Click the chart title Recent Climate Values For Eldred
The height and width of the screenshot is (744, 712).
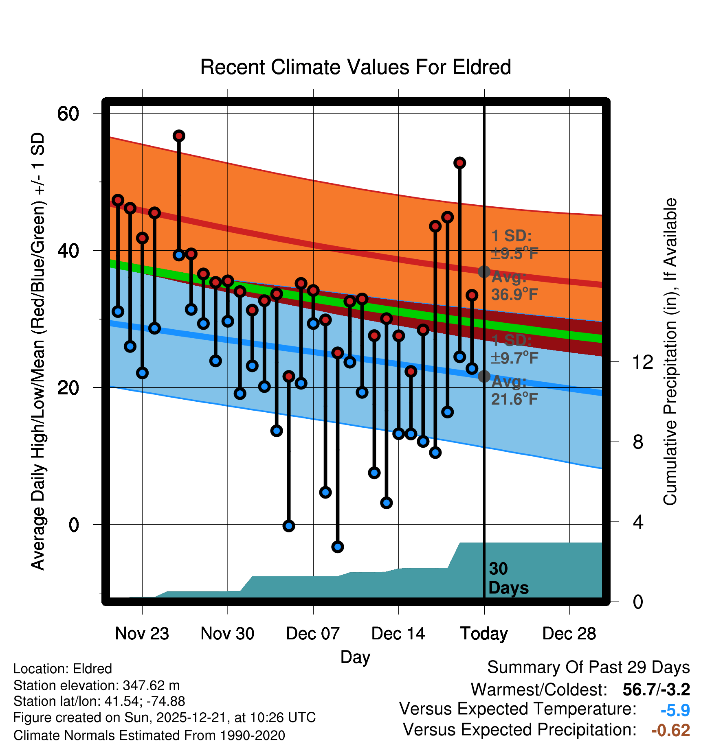pyautogui.click(x=356, y=67)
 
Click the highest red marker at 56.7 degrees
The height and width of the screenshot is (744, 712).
pyautogui.click(x=179, y=136)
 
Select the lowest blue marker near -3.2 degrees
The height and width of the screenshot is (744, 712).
pyautogui.click(x=338, y=547)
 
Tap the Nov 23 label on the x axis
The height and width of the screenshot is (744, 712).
pyautogui.click(x=142, y=634)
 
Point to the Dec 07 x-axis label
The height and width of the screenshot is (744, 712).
pyautogui.click(x=313, y=634)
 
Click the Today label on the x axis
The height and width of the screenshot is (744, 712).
pyautogui.click(x=484, y=634)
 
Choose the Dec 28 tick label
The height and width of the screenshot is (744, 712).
pyautogui.click(x=569, y=634)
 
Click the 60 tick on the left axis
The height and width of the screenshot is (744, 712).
pyautogui.click(x=68, y=114)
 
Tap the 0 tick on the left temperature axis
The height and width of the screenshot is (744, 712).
pyautogui.click(x=74, y=525)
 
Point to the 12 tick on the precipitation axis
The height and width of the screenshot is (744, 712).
pyautogui.click(x=642, y=362)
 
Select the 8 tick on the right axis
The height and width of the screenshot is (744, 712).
pyautogui.click(x=638, y=442)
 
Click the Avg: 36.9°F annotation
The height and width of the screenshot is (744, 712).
pyautogui.click(x=514, y=286)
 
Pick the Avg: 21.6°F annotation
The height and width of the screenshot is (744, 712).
pyautogui.click(x=514, y=390)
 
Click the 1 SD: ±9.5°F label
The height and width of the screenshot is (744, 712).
pyautogui.click(x=514, y=245)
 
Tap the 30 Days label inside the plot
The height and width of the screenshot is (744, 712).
pyautogui.click(x=508, y=578)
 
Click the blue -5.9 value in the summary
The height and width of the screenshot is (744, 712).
pyautogui.click(x=675, y=711)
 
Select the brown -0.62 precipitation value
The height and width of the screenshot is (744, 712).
pyautogui.click(x=670, y=731)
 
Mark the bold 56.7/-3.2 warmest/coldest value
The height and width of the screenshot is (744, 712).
pyautogui.click(x=656, y=689)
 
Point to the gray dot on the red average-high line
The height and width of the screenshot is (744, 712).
pyautogui.click(x=484, y=271)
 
